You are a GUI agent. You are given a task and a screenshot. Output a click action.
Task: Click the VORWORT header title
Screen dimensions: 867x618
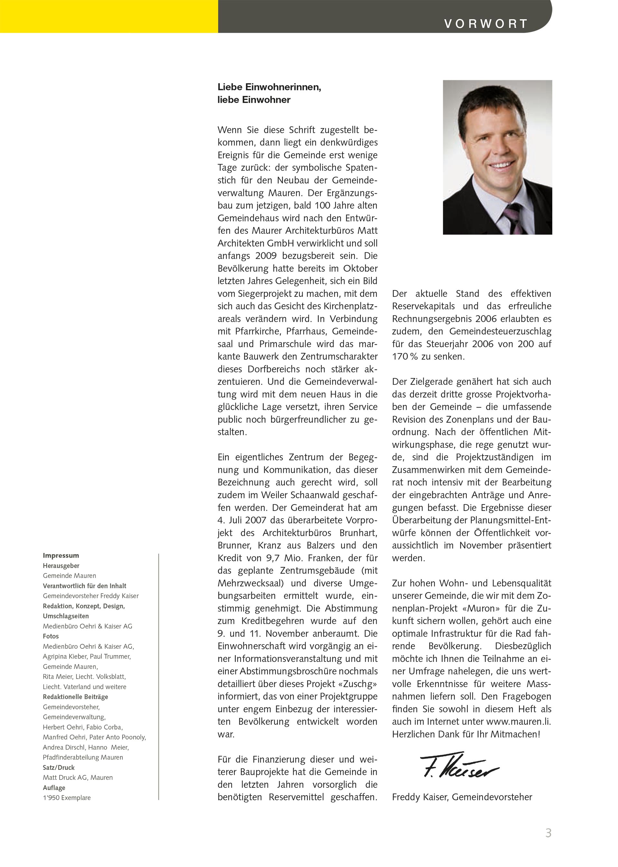[486, 24]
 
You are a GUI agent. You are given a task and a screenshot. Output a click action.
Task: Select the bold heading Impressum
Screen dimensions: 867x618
[61, 555]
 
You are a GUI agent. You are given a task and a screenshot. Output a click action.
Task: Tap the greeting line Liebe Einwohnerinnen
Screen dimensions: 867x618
[269, 87]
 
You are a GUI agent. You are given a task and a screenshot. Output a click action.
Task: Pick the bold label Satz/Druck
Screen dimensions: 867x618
[59, 767]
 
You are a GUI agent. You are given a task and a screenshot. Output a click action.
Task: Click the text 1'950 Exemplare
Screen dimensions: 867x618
[67, 797]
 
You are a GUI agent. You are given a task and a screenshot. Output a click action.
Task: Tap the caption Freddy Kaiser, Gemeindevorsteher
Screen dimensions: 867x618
[462, 796]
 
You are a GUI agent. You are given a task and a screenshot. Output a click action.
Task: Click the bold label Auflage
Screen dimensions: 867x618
[54, 787]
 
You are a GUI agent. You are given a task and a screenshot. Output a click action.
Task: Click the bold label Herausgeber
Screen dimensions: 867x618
[61, 566]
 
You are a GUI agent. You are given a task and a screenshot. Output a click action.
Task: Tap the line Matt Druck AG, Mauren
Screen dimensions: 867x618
[78, 777]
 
